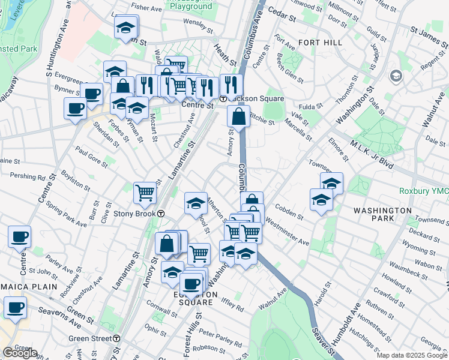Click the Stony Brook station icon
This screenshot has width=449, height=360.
point(161,213)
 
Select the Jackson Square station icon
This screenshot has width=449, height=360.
point(223,98)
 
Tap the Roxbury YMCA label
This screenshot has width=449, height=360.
point(424,191)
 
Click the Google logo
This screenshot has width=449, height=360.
point(20,353)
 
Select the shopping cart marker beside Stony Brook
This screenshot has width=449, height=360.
point(145,192)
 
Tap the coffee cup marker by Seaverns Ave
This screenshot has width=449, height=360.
point(16,308)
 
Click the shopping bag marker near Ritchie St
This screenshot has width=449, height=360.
point(238,116)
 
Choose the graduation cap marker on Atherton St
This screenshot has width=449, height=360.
point(196,205)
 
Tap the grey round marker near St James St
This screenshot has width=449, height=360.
point(396,76)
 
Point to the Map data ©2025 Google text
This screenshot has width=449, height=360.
point(411,355)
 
